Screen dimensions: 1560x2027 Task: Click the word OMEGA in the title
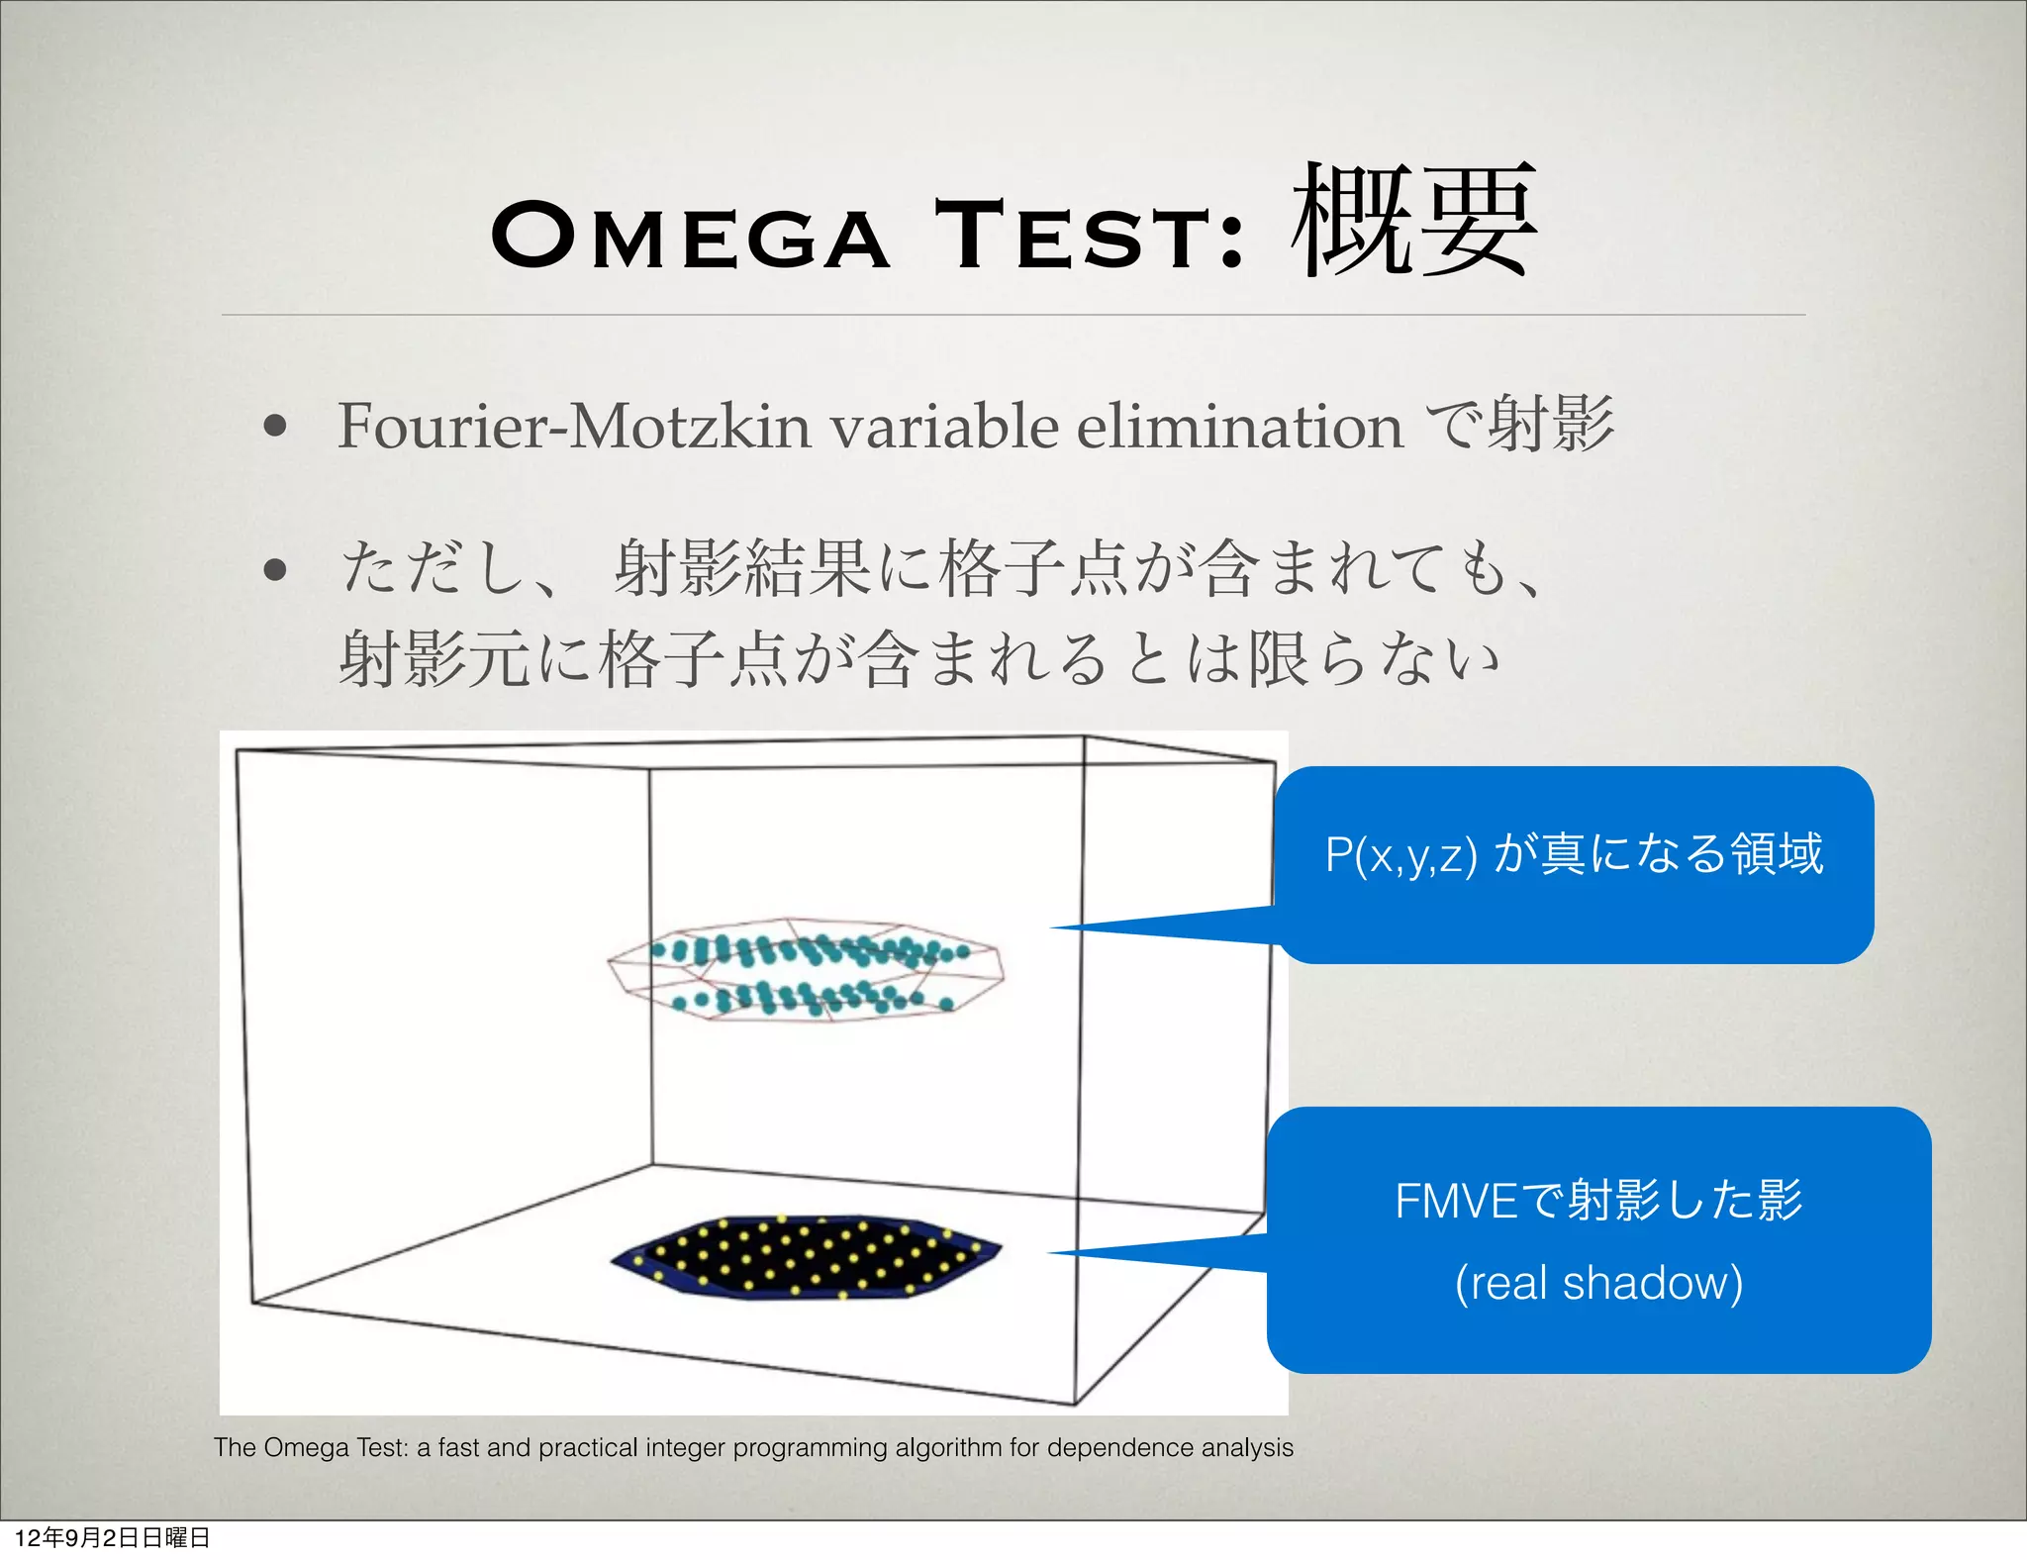coord(690,236)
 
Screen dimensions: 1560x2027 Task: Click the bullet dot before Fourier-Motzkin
coord(276,427)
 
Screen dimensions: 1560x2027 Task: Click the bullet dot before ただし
coord(276,569)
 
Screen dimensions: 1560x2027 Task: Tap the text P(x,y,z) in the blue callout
coord(1400,854)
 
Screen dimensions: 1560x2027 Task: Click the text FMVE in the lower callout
coord(1455,1201)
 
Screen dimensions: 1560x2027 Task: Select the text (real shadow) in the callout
coord(1598,1283)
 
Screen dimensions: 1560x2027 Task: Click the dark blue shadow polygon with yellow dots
coord(807,1255)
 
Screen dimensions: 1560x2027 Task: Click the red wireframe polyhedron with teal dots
coord(807,970)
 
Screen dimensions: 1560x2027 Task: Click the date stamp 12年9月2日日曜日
coord(113,1537)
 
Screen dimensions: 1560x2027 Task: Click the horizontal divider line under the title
coord(1013,315)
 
